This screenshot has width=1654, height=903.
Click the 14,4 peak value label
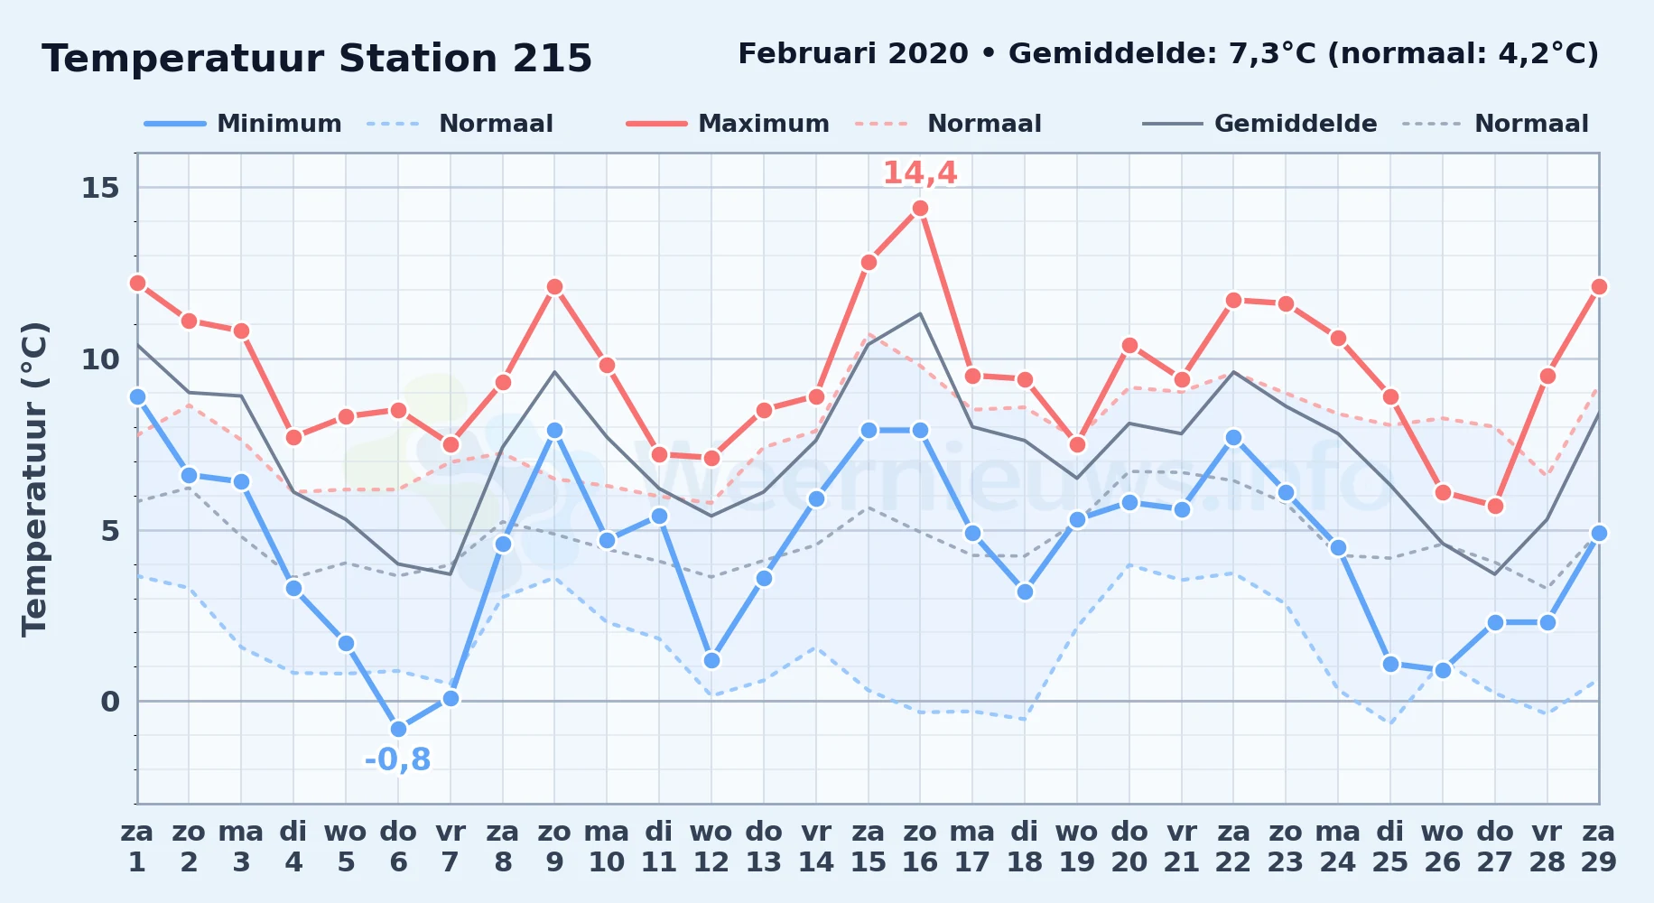tap(920, 172)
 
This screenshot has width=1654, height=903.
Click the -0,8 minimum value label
tap(398, 759)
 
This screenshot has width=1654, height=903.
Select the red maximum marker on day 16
tap(920, 208)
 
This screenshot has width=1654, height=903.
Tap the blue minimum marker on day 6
tap(398, 729)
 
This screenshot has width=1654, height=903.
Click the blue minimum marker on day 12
tap(711, 660)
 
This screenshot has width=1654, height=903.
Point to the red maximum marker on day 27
tap(1495, 506)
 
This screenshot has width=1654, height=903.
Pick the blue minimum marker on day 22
tap(1233, 437)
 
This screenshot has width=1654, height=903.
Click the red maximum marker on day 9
tap(554, 286)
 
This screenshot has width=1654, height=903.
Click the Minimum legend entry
tap(244, 124)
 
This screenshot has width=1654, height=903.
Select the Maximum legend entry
tap(729, 124)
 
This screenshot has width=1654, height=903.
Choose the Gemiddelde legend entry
tap(1260, 124)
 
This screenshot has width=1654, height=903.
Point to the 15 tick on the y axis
tap(100, 188)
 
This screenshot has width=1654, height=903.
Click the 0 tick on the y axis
tap(110, 702)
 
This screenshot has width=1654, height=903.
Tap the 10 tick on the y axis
tap(100, 359)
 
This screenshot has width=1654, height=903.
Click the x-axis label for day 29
tap(1598, 847)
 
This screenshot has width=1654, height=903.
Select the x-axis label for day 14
tap(816, 847)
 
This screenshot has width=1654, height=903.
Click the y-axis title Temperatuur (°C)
tap(35, 479)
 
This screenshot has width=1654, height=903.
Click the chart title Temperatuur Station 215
tap(317, 59)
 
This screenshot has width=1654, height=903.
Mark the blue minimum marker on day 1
tap(137, 396)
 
